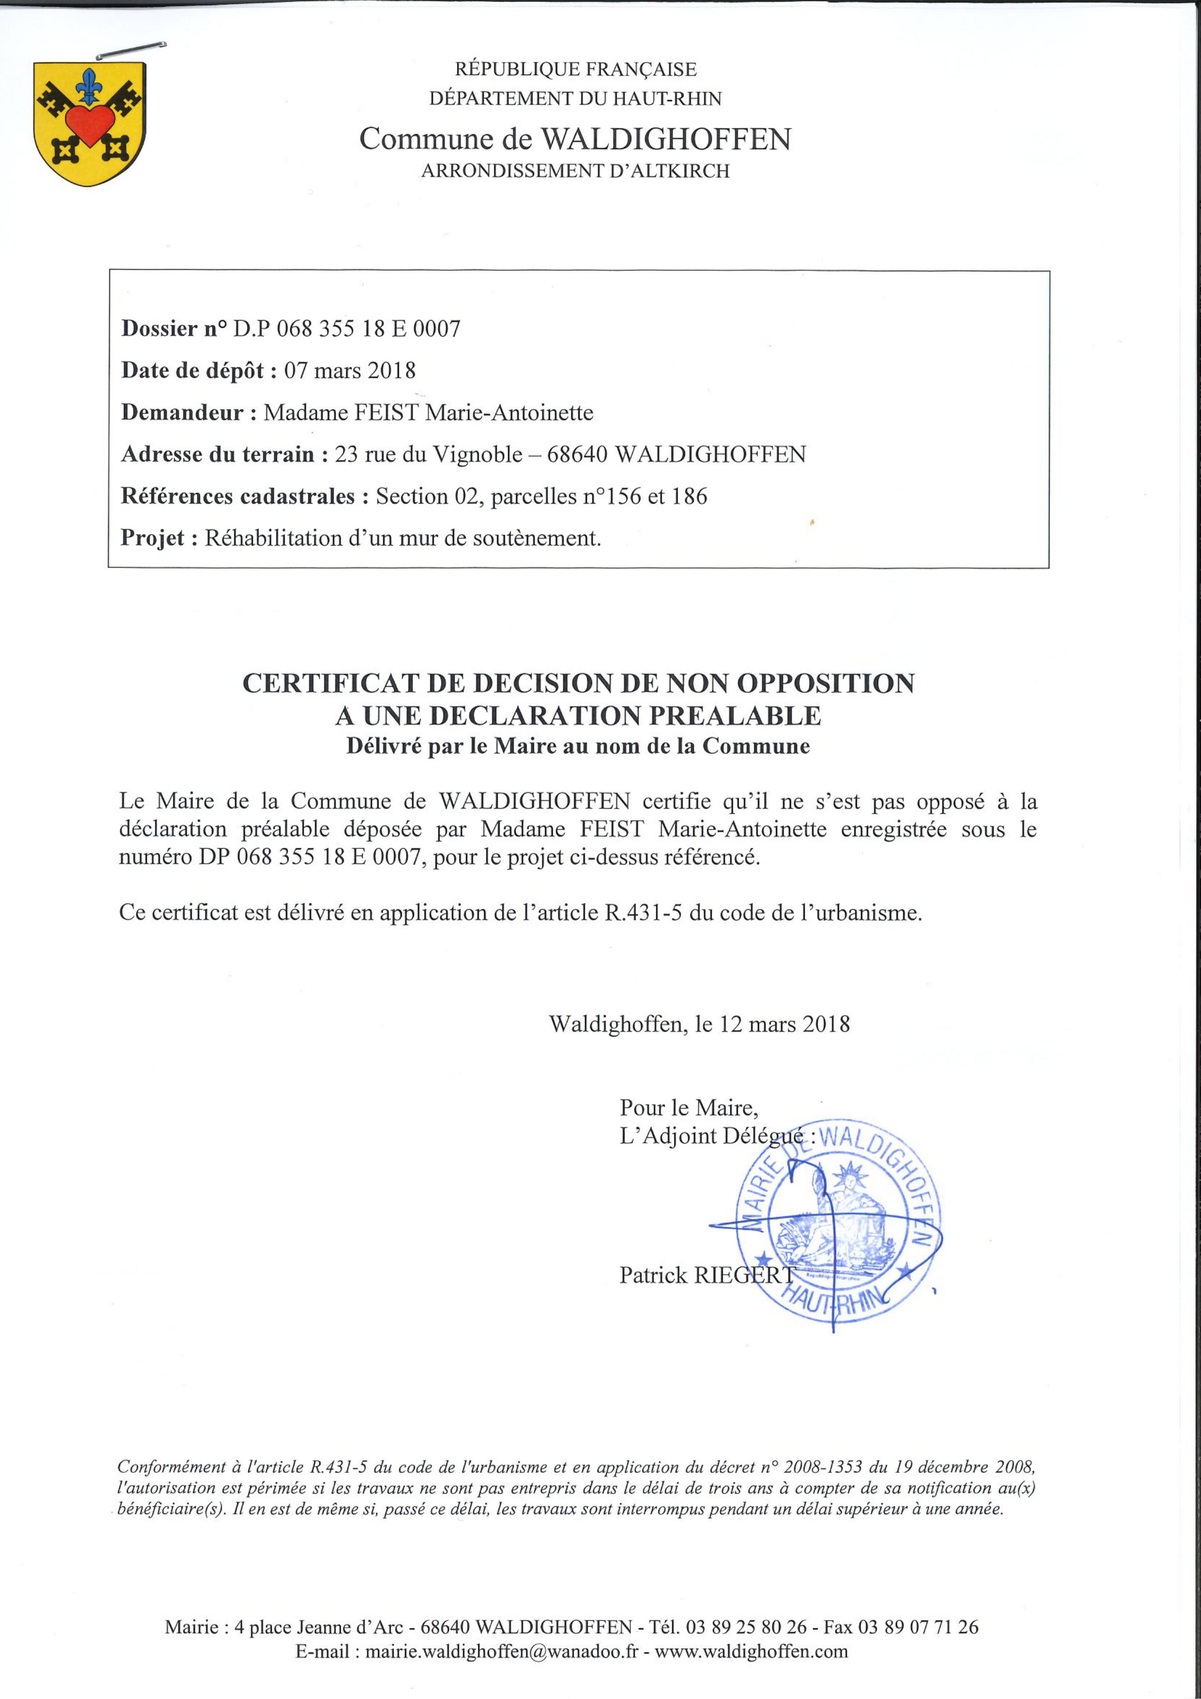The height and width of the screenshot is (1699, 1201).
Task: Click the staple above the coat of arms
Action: tap(130, 50)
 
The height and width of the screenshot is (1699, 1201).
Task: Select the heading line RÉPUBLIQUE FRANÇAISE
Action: tap(575, 70)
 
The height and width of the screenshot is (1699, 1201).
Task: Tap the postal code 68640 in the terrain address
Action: tap(577, 454)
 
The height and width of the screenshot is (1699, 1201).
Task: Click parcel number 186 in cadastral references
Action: tap(689, 496)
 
